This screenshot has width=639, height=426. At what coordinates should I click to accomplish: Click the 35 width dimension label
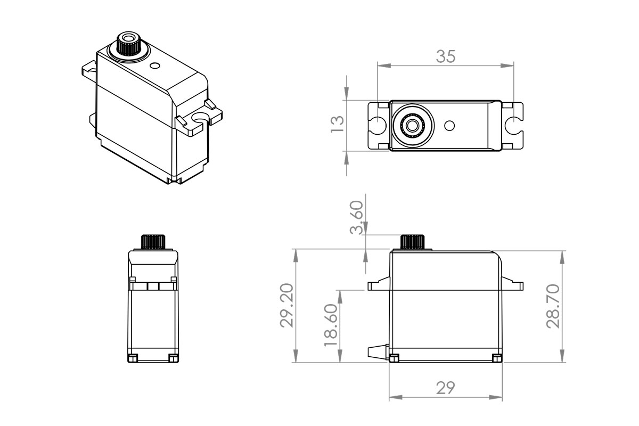point(446,56)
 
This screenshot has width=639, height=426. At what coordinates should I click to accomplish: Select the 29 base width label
point(446,388)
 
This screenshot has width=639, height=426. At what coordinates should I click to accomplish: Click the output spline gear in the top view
point(412,126)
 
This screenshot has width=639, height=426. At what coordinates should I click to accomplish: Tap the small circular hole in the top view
point(450,126)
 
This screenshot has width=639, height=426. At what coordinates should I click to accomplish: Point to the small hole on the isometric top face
point(155,65)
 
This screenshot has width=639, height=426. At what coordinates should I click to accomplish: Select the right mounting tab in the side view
point(513,284)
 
